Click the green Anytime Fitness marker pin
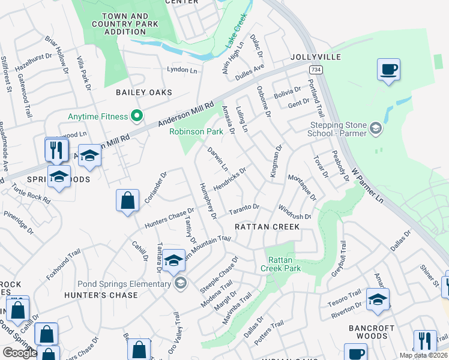(137, 116)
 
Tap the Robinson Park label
(195, 131)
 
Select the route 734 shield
(315, 70)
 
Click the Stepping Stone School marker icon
(375, 128)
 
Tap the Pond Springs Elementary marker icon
(179, 283)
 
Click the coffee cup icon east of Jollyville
(388, 70)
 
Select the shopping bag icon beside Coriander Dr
(128, 201)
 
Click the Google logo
(20, 352)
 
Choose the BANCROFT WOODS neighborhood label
(372, 332)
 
